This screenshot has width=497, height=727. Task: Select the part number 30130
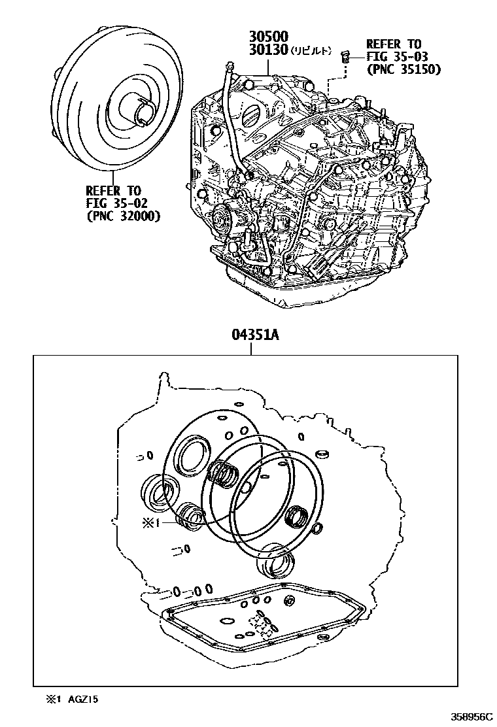[x=269, y=50]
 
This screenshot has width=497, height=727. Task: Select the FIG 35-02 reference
[x=113, y=203]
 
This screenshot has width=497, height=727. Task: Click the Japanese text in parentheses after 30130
[x=311, y=51]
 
